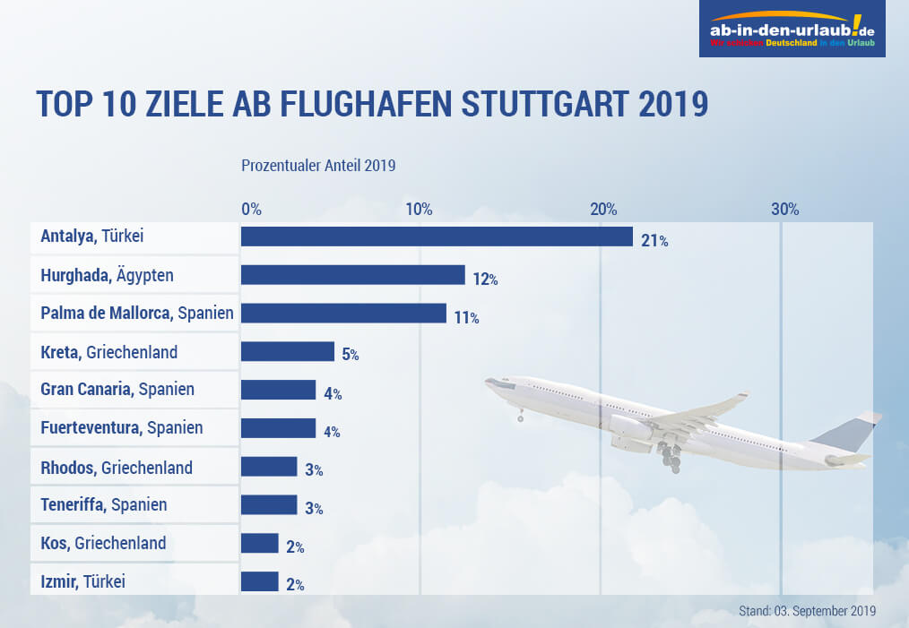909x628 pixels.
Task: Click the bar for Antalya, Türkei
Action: pyautogui.click(x=437, y=237)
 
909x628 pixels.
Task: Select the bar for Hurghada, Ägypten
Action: pyautogui.click(x=352, y=275)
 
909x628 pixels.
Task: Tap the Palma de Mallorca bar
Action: pyautogui.click(x=343, y=314)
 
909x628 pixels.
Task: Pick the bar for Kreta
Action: pyautogui.click(x=288, y=352)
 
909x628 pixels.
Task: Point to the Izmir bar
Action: pyautogui.click(x=260, y=581)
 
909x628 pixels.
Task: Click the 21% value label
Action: pyautogui.click(x=654, y=241)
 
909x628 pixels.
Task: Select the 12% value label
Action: pyautogui.click(x=485, y=280)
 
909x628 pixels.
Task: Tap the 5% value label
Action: pyautogui.click(x=350, y=355)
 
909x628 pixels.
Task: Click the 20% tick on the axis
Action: pyautogui.click(x=603, y=210)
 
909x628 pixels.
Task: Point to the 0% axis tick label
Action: pyautogui.click(x=252, y=210)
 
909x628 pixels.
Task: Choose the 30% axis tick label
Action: pyautogui.click(x=785, y=210)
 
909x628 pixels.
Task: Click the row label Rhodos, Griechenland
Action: pyautogui.click(x=117, y=467)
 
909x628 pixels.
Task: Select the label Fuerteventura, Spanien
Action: pyautogui.click(x=122, y=428)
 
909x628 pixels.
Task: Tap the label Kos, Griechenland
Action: pyautogui.click(x=103, y=543)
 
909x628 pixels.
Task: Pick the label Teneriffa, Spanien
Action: pyautogui.click(x=104, y=505)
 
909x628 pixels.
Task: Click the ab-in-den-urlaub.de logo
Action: pyautogui.click(x=792, y=30)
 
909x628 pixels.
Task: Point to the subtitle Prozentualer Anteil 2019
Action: pyautogui.click(x=318, y=166)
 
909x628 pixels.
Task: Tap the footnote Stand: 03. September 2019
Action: pyautogui.click(x=808, y=611)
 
